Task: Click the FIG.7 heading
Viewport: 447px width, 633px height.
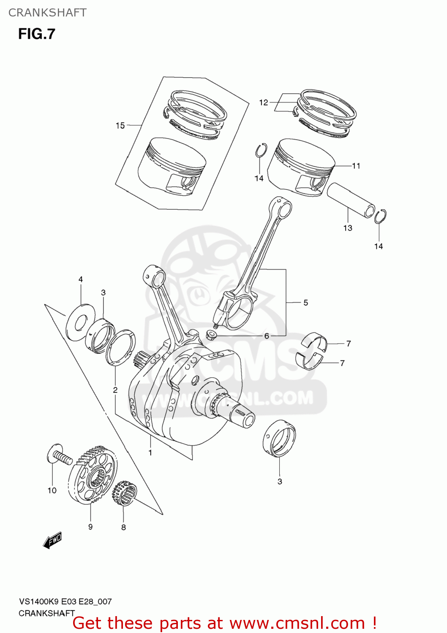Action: click(x=37, y=34)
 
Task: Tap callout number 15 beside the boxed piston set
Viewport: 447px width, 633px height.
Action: click(x=120, y=125)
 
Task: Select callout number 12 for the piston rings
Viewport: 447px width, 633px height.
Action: click(x=264, y=103)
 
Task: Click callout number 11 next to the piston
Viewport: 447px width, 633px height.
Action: click(x=356, y=166)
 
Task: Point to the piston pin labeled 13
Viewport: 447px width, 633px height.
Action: click(x=351, y=200)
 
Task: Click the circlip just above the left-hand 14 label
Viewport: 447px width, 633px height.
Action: click(x=261, y=150)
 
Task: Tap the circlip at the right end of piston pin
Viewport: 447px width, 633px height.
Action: click(x=380, y=216)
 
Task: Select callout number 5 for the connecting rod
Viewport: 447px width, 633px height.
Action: click(x=305, y=303)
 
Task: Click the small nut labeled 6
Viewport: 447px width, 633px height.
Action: click(x=211, y=335)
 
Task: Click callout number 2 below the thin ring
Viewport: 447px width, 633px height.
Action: click(x=115, y=390)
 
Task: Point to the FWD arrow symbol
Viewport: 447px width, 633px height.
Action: click(x=53, y=540)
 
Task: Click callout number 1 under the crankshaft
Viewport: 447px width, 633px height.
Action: click(x=150, y=453)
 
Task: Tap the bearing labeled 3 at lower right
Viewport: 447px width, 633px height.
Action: click(x=279, y=439)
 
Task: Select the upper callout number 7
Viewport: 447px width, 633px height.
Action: click(x=349, y=344)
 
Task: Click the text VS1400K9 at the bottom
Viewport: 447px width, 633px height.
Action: click(x=39, y=601)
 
